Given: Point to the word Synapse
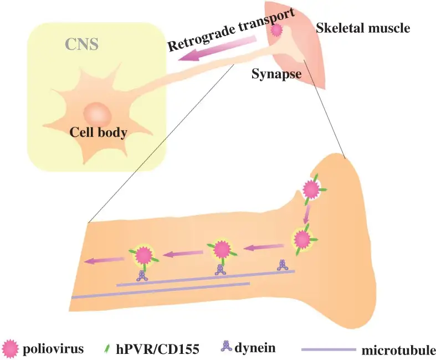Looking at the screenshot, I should coord(276,72).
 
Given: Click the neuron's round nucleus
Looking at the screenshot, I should coord(98,114).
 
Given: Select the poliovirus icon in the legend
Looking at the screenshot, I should coord(11,348).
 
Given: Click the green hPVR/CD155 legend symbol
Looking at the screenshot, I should coord(106,349).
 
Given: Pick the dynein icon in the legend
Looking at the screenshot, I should coord(227,347).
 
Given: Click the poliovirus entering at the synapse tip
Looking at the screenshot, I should coord(311,190).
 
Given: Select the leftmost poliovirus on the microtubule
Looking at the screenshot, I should coord(143,255).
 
